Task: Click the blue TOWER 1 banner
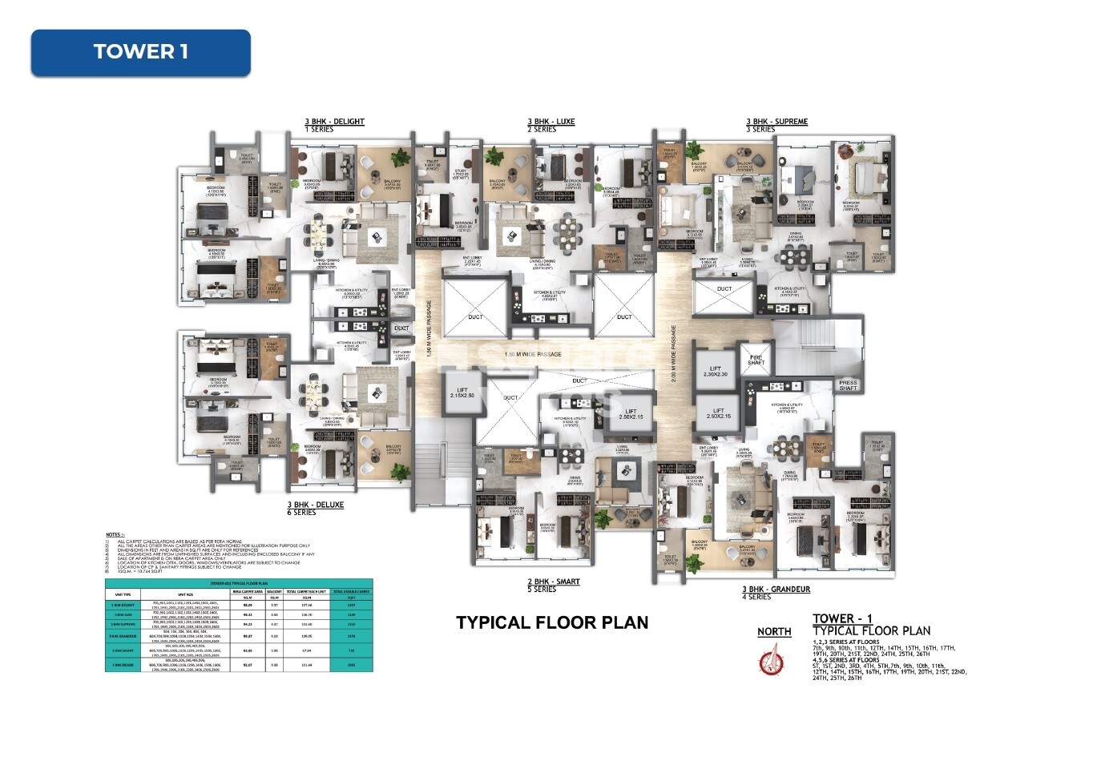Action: coord(140,53)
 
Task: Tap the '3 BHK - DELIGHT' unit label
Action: coord(334,122)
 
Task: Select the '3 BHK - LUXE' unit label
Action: coord(551,122)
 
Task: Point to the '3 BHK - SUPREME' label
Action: coord(776,122)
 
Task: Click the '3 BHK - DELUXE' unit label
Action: coord(316,505)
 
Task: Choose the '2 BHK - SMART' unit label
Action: coord(553,582)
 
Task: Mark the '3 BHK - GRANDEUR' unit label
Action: coord(776,590)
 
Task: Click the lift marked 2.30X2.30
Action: coord(716,371)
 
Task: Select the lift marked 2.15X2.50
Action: coord(462,393)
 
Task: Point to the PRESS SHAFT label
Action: coord(848,385)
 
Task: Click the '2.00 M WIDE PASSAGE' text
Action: coord(674,353)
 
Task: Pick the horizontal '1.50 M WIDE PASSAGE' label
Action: coord(533,354)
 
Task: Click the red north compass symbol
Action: coord(771,662)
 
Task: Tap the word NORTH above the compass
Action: coord(774,632)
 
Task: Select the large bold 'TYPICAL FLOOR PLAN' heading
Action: coord(552,622)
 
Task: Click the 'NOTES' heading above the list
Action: coord(115,535)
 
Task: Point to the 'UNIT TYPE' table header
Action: coord(123,594)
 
